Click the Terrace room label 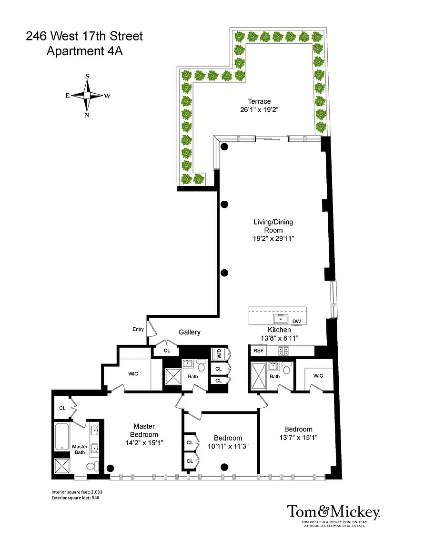click(259, 101)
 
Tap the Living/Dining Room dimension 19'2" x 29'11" click(273, 239)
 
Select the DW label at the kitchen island click(296, 321)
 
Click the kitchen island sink click(281, 319)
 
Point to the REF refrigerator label click(258, 351)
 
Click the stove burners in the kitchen click(283, 351)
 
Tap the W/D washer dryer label click(219, 354)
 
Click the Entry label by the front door click(138, 329)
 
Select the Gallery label click(190, 332)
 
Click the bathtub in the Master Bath click(62, 437)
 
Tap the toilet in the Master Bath click(92, 466)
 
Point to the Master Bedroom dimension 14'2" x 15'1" click(144, 443)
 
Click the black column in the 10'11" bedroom click(225, 467)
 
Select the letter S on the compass click(87, 76)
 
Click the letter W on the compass click(107, 96)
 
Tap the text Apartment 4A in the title click(85, 51)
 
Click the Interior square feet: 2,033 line click(77, 492)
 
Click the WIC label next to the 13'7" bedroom click(318, 376)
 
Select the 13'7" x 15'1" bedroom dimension click(298, 438)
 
